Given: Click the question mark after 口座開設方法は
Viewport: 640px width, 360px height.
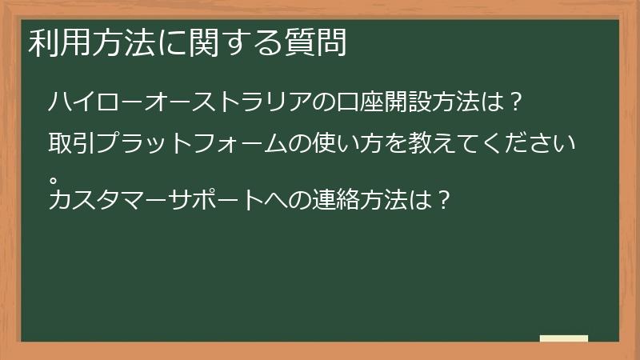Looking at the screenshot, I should (x=516, y=102).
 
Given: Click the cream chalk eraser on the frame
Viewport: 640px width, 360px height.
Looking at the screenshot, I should (x=564, y=338).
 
